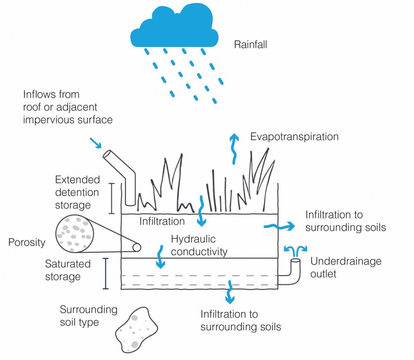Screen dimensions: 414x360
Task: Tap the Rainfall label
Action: [250, 44]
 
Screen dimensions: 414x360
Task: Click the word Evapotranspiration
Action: [294, 137]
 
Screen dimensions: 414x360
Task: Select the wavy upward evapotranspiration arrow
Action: [234, 149]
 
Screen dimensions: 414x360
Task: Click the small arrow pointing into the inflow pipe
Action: [96, 143]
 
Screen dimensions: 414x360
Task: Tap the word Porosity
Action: [26, 242]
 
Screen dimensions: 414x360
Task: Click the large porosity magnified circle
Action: [75, 234]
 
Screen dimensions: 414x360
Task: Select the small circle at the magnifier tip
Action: [137, 247]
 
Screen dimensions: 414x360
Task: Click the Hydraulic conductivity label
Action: [199, 245]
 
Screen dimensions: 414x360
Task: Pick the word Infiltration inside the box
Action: [162, 221]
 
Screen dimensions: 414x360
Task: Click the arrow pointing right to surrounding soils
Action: [279, 226]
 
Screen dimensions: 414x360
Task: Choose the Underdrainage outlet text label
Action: [346, 267]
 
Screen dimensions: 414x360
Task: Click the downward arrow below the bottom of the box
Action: [230, 292]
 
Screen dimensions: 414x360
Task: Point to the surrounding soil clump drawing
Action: [136, 330]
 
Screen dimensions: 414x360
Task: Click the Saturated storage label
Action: [68, 270]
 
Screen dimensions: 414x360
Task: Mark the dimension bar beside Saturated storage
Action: [106, 274]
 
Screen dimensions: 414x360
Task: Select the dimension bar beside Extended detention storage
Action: [112, 198]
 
